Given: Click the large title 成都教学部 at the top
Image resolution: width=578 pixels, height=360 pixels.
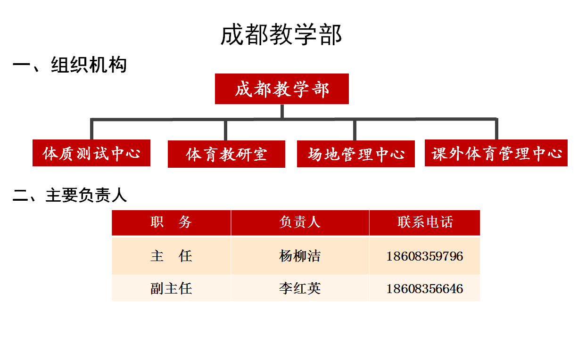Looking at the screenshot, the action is (x=281, y=34).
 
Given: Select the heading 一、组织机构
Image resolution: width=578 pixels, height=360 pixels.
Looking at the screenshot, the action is (x=70, y=65).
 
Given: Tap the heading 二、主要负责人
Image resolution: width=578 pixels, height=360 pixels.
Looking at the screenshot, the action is (x=70, y=195).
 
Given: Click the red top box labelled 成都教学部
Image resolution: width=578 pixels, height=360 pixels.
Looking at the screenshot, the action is (x=282, y=89).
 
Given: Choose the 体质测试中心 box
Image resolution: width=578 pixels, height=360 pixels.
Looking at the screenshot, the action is (x=91, y=153).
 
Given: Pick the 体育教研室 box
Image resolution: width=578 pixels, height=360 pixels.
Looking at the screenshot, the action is (x=226, y=154).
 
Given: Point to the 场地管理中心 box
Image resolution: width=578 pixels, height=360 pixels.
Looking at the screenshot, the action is (x=356, y=154).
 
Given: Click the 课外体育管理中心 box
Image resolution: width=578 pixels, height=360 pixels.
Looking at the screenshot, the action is (x=496, y=153).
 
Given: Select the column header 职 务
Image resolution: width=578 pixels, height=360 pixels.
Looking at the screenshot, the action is (x=171, y=222).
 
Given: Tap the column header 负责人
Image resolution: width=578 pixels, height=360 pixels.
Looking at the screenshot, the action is (x=300, y=222).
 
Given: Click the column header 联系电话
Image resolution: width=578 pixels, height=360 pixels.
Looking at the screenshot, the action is (x=425, y=222).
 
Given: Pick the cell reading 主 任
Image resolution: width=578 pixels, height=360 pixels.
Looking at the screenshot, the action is (x=171, y=256).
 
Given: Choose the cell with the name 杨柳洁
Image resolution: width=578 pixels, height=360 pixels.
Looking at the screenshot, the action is (x=300, y=256).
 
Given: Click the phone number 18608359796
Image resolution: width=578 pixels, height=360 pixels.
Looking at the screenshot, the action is (x=425, y=256).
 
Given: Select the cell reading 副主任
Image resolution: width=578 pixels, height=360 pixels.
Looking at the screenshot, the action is (x=171, y=288).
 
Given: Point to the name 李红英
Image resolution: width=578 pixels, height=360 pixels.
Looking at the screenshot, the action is (x=300, y=288).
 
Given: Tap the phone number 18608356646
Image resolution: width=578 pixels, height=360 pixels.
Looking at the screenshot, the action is (x=425, y=288).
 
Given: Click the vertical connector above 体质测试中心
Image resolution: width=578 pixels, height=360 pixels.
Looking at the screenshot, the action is (x=91, y=129).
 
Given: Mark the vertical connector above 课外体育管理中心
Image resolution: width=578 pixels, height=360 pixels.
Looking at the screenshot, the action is (x=497, y=129).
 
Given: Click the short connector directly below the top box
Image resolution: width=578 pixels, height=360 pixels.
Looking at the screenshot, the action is (x=282, y=111).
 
